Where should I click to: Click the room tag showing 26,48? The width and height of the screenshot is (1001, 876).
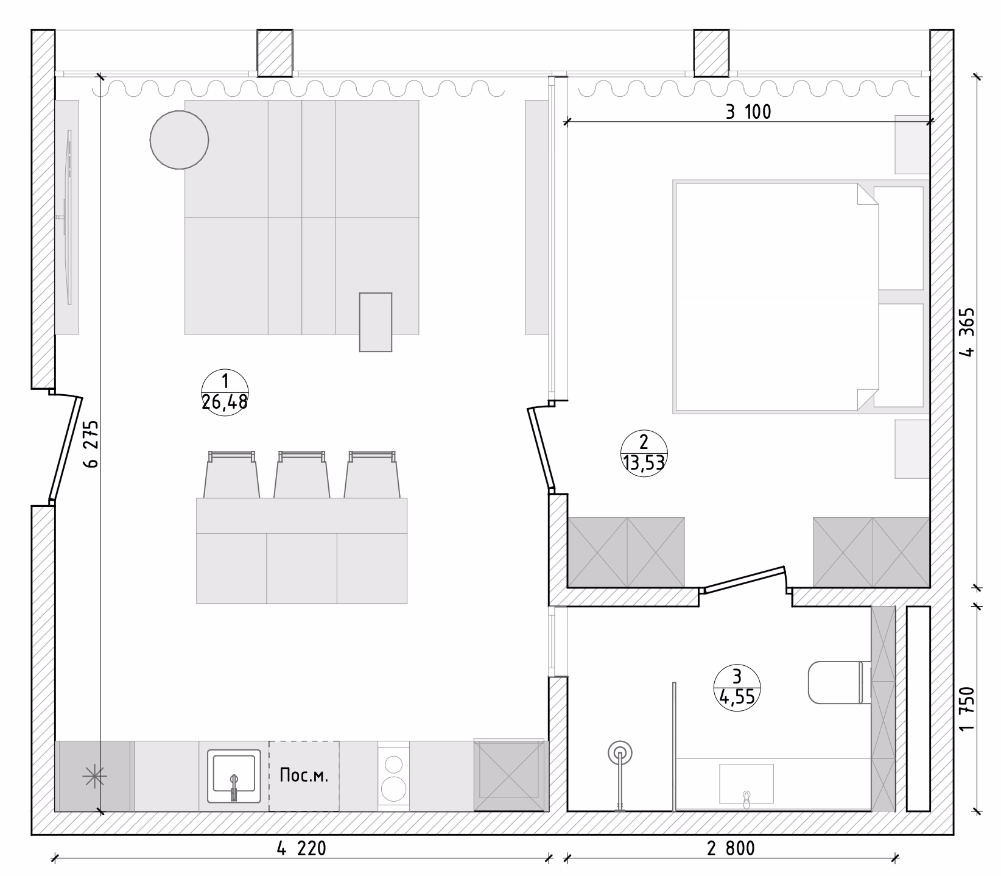tap(225, 392)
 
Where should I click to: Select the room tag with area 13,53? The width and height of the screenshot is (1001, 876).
tap(644, 453)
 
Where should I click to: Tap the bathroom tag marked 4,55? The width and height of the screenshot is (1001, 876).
tap(737, 686)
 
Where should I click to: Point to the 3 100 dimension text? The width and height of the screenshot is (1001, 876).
tap(748, 112)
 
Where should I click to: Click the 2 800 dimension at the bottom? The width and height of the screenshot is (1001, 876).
tap(731, 849)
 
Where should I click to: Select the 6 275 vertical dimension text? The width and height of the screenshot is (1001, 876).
tap(91, 443)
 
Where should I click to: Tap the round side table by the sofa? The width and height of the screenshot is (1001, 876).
tap(180, 140)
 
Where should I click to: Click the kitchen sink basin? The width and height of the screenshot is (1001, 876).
tap(234, 775)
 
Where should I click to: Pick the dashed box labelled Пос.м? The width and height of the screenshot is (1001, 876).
tap(304, 776)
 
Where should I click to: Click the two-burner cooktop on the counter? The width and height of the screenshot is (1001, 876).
tap(394, 776)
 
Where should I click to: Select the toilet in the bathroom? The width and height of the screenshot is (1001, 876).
tap(835, 683)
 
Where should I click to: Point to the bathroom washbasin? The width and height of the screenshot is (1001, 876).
tap(746, 784)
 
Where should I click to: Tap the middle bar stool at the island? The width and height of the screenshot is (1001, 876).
tap(301, 475)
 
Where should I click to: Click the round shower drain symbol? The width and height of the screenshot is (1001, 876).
tap(620, 754)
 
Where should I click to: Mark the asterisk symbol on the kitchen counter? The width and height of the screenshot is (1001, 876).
tap(94, 775)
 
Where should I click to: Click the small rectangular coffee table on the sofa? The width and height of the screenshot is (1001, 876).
tap(376, 322)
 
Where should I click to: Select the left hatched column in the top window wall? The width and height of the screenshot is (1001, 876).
tap(275, 53)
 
